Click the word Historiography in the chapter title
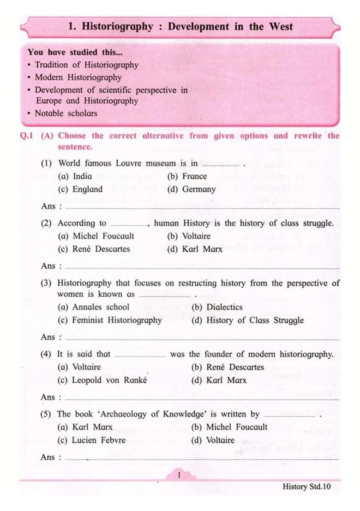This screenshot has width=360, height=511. [x=117, y=26]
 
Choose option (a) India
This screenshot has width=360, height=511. [x=75, y=176]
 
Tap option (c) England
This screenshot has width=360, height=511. [x=80, y=189]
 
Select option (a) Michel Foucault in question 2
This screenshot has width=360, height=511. [x=96, y=236]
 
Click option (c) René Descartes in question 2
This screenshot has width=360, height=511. [x=94, y=249]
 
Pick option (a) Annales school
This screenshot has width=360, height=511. [x=94, y=307]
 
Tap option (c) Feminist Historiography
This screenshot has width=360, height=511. [x=110, y=320]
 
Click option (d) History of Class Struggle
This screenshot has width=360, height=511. [x=247, y=320]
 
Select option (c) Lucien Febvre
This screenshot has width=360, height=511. [x=91, y=440]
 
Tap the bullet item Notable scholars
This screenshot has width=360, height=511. [x=66, y=113]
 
